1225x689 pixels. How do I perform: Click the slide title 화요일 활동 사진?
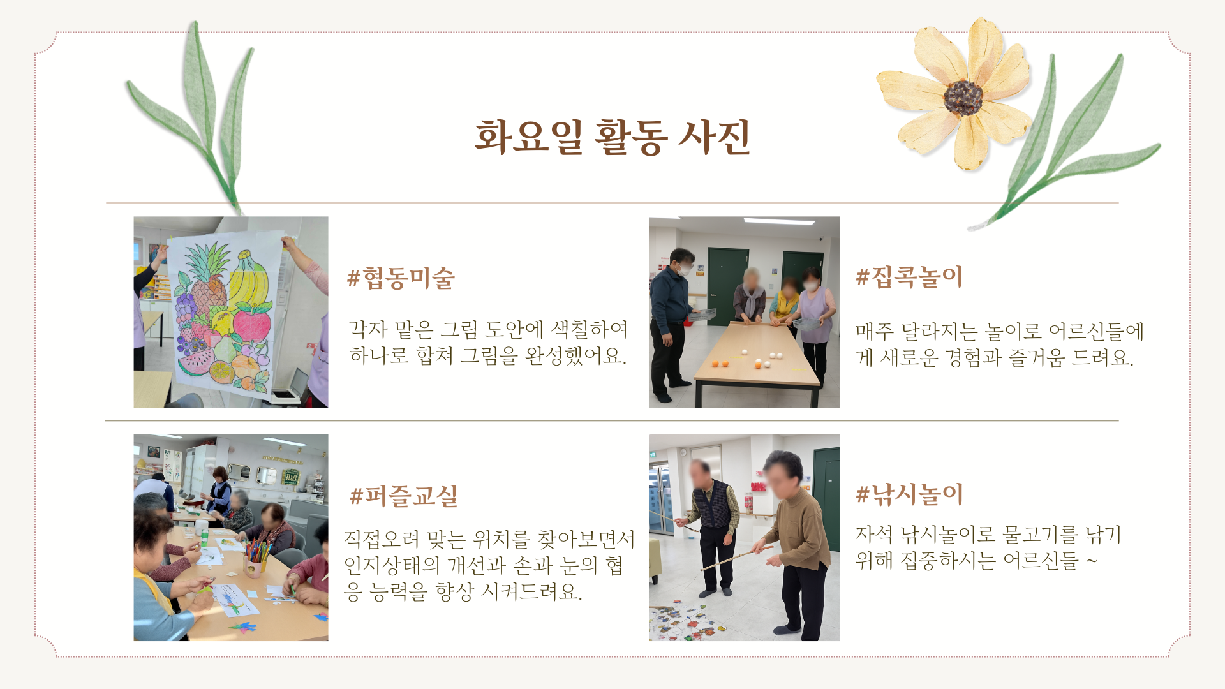click(612, 137)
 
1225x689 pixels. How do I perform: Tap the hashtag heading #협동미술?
click(401, 278)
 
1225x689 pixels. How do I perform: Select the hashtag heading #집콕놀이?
click(909, 277)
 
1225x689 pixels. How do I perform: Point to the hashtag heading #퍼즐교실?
click(404, 496)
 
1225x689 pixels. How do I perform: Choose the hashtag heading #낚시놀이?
click(909, 494)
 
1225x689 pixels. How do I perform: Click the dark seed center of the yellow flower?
click(963, 98)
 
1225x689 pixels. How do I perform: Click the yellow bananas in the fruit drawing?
click(248, 281)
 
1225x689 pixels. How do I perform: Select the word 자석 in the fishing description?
click(874, 535)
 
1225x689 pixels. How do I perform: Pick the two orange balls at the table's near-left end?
click(720, 364)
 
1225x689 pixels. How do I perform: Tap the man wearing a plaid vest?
click(712, 527)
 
